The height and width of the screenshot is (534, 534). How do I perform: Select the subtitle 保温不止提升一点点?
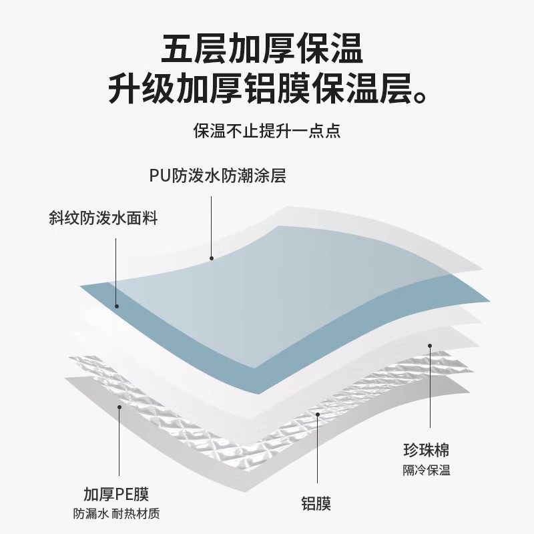(267, 131)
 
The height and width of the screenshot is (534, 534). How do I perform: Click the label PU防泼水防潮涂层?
(218, 176)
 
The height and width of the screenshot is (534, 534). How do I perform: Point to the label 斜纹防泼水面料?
(103, 218)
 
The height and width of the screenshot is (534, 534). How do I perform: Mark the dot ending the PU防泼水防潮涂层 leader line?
(211, 258)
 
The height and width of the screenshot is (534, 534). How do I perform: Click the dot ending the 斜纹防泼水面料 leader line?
(116, 306)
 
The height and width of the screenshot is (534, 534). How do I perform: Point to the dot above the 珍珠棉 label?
(431, 346)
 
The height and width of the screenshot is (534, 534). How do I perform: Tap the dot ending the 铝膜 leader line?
(318, 414)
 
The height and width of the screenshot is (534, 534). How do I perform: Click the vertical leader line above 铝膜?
(318, 454)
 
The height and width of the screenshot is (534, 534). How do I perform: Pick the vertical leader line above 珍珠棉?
(431, 387)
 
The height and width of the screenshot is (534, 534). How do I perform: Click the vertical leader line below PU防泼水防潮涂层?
(211, 227)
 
